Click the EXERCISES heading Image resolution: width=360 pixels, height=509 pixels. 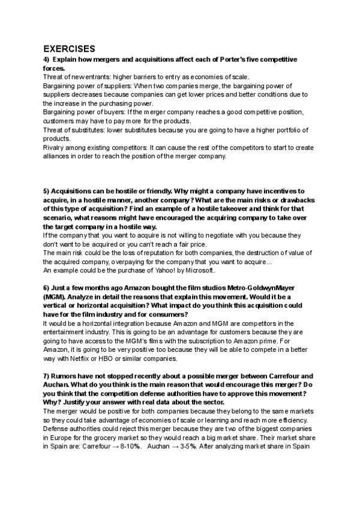point(69,49)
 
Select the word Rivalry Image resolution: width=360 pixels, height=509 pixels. point(55,148)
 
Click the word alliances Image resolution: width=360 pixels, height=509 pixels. point(58,156)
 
